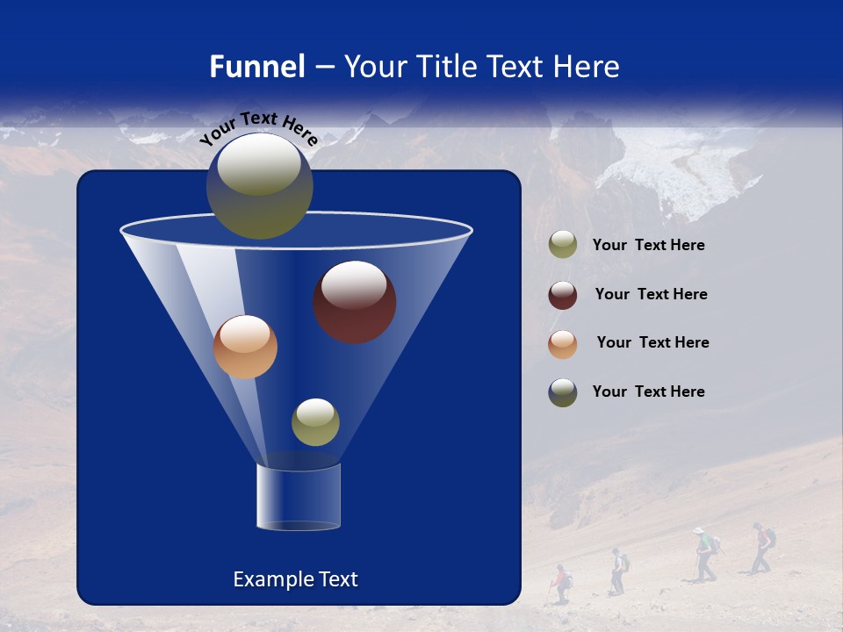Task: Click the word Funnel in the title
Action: tap(257, 67)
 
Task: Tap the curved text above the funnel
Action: tap(258, 128)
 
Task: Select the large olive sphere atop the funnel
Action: tap(259, 185)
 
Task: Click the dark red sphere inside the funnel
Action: tap(354, 302)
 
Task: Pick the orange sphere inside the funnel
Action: tap(245, 347)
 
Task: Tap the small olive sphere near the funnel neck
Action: tap(315, 421)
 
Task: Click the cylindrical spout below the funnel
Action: tap(299, 498)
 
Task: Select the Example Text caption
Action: tap(295, 579)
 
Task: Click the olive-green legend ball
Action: tap(563, 245)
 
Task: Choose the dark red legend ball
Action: tap(563, 295)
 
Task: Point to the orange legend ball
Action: tap(563, 343)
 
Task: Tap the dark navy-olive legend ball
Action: tap(563, 392)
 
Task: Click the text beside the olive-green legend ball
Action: tap(648, 246)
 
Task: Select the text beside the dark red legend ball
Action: tap(651, 295)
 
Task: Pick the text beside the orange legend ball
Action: tap(652, 343)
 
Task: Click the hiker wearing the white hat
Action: tap(703, 553)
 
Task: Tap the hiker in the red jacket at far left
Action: tap(559, 583)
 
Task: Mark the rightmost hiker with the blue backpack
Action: tap(762, 547)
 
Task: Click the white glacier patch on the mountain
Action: tap(672, 176)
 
